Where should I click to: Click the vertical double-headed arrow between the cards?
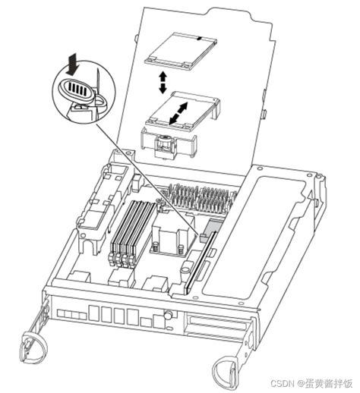[163, 82]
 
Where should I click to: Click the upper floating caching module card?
[181, 50]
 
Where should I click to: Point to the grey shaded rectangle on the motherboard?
[212, 226]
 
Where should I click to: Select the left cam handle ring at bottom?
[33, 347]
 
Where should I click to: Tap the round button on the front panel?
[167, 315]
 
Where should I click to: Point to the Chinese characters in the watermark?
[328, 383]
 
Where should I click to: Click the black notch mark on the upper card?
[200, 39]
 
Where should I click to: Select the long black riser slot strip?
[201, 263]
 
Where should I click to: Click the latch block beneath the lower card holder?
[165, 146]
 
